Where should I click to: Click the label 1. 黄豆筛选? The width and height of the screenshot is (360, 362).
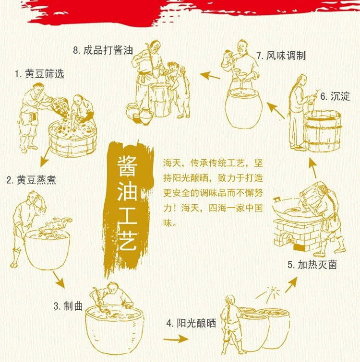39,74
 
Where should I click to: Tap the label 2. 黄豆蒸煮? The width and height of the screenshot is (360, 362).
31,180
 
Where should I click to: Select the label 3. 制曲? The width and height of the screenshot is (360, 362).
68,306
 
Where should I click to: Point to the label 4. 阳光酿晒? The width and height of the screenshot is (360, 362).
192,323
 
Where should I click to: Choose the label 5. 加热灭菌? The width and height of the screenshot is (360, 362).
312,265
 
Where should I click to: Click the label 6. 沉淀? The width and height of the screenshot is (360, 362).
335,96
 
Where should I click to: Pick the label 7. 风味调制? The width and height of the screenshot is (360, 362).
281,56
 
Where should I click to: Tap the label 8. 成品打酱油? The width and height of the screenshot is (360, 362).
103,50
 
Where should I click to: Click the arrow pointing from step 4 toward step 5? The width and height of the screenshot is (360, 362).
291,285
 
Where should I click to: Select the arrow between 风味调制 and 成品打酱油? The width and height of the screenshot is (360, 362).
210,75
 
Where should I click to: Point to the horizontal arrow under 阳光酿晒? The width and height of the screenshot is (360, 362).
176,339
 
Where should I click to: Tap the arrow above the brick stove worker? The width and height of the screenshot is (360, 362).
313,168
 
